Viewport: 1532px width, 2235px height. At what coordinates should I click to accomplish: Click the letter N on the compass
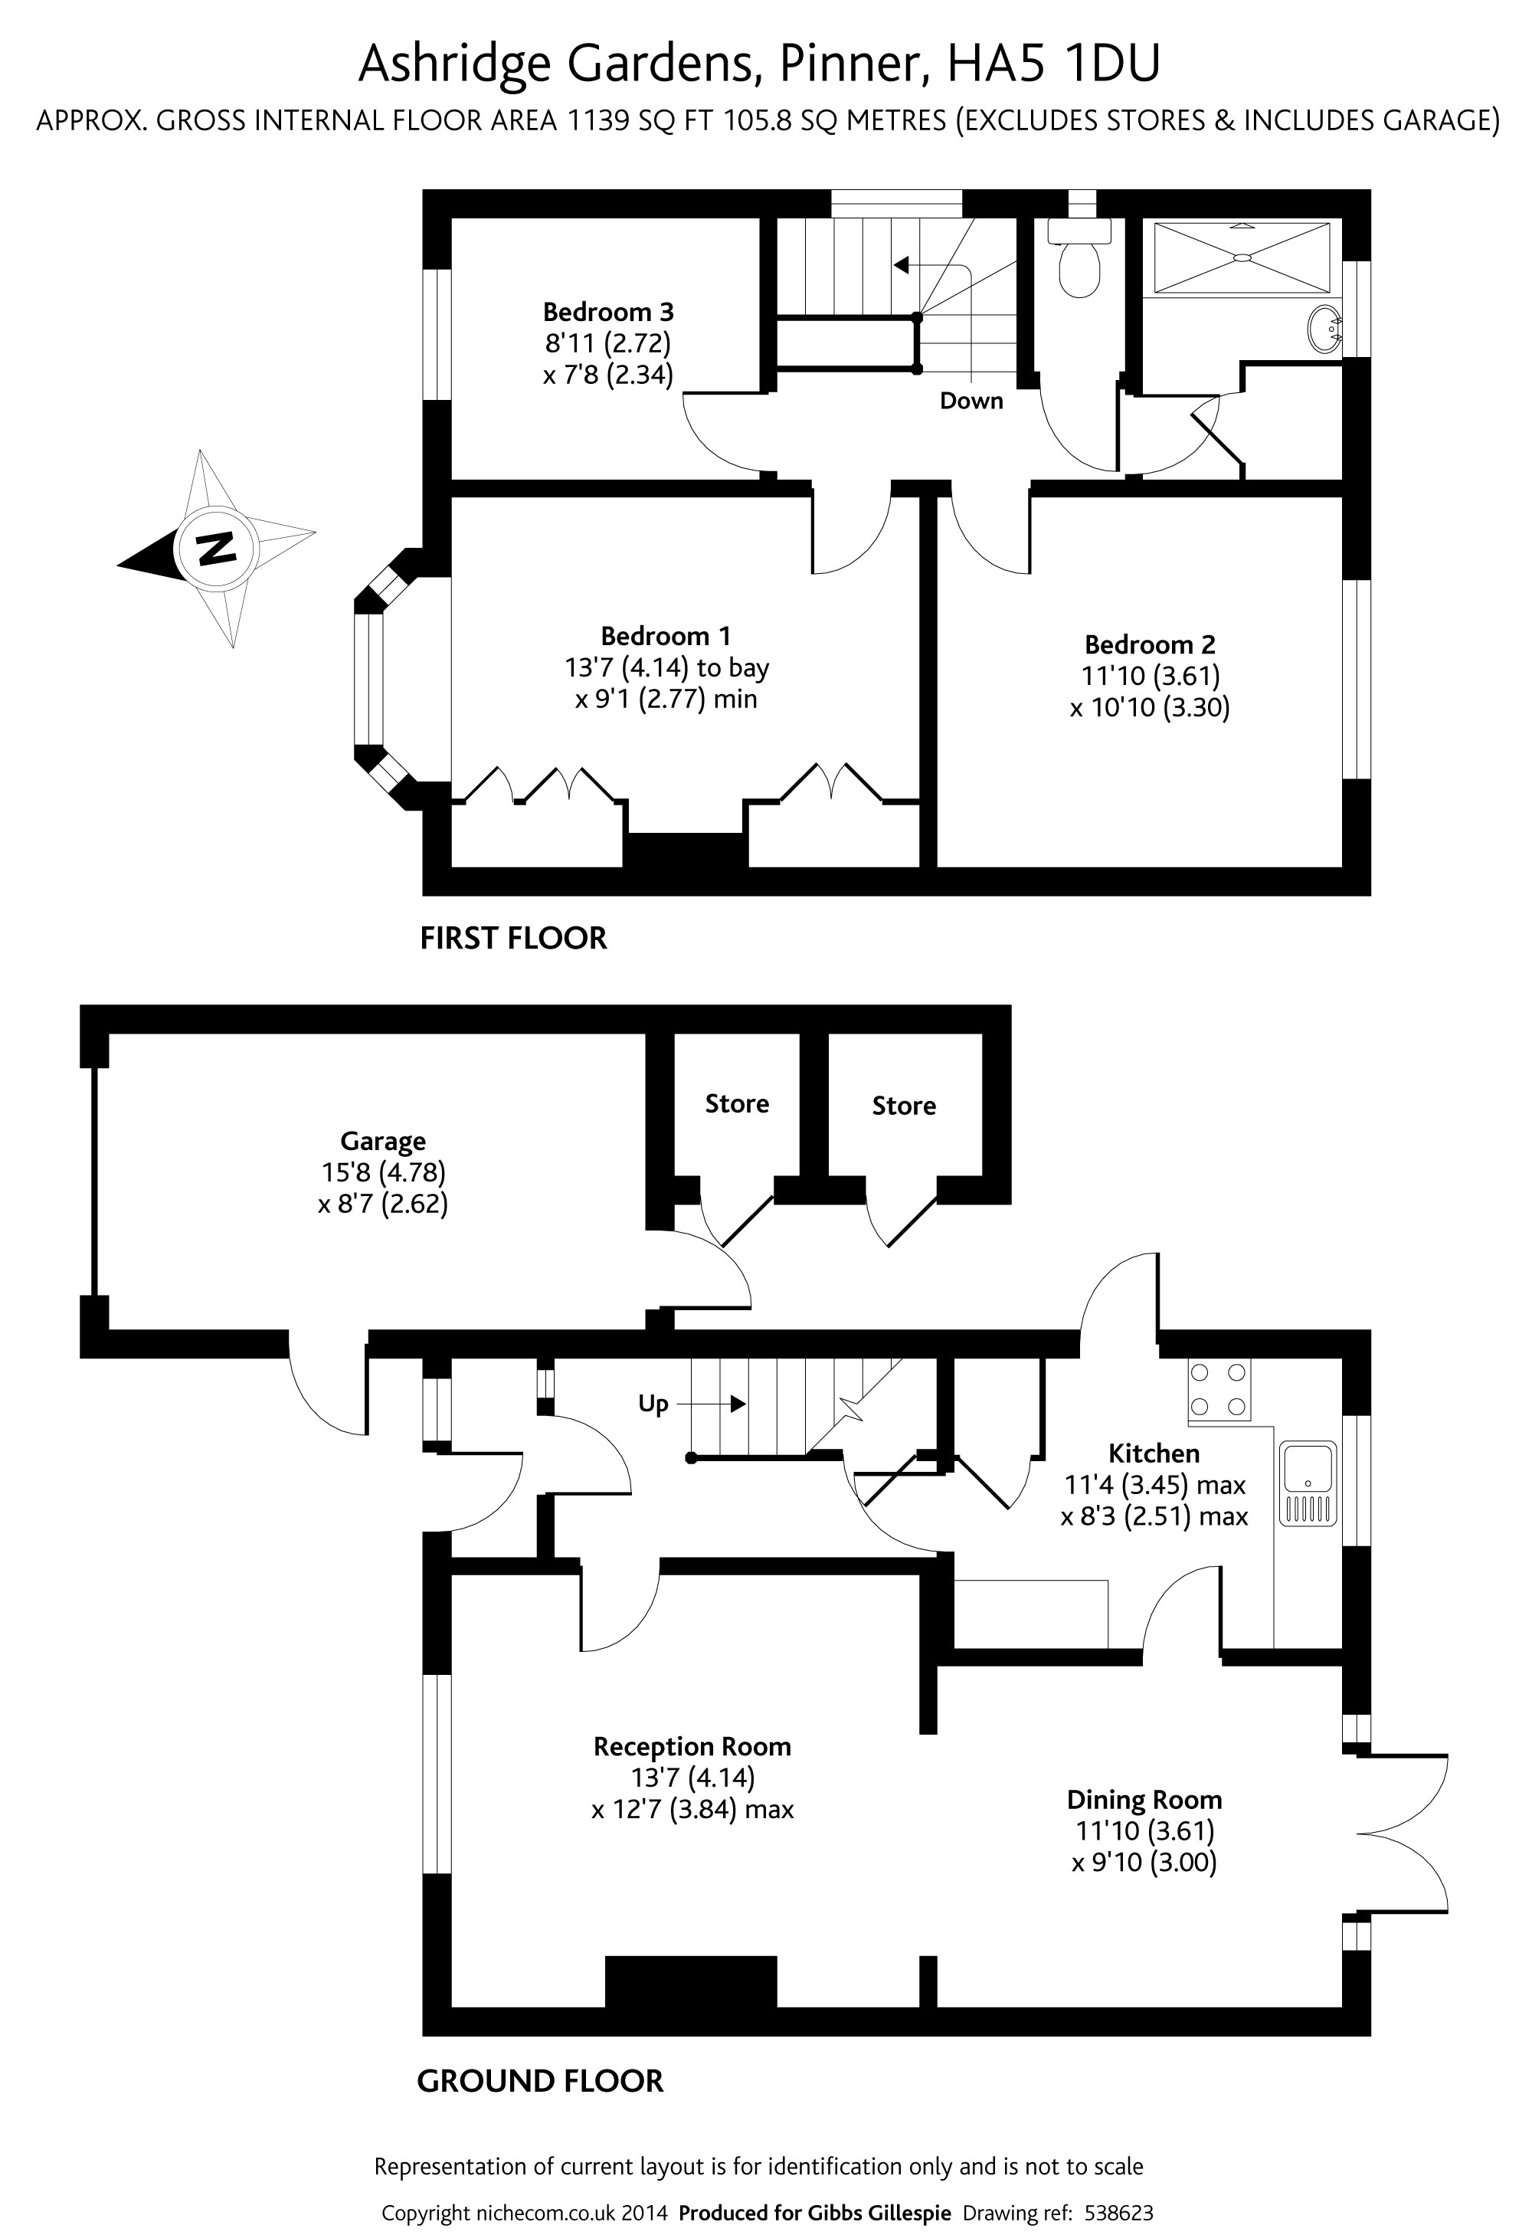(216, 548)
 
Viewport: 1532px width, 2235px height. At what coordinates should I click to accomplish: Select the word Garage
(383, 1142)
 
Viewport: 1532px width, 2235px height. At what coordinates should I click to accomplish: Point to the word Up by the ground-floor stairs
(653, 1404)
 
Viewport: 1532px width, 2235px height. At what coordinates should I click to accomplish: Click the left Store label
(737, 1103)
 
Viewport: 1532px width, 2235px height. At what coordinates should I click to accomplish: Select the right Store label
(904, 1106)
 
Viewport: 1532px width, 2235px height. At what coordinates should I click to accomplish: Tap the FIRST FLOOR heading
(513, 938)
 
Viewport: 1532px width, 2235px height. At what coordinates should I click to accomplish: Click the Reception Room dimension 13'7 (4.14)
(692, 1778)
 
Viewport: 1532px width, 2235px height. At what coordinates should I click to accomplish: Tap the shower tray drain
(1242, 257)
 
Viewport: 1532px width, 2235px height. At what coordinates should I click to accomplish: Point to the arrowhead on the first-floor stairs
(901, 264)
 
